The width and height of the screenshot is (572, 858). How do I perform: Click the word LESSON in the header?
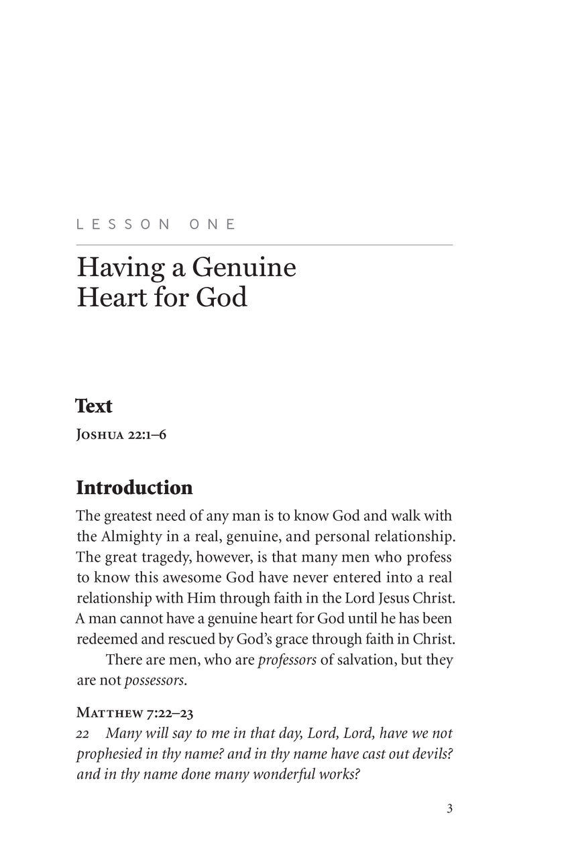(123, 225)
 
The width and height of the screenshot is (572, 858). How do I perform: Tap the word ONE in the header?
(213, 225)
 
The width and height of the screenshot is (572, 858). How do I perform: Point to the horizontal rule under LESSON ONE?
(265, 245)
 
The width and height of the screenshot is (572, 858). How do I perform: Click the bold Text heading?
(94, 406)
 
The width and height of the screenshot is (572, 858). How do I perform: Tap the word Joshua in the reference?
(99, 435)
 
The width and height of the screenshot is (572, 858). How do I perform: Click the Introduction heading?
(134, 487)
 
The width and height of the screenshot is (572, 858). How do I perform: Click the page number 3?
(449, 808)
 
